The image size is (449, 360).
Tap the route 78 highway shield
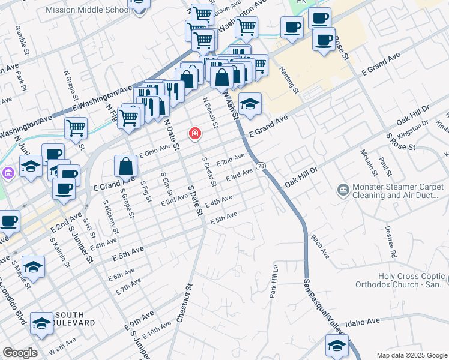click(x=261, y=166)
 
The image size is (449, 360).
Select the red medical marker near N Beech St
click(x=195, y=133)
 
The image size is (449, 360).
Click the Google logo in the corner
click(x=19, y=353)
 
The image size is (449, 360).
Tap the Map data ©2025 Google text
click(x=411, y=355)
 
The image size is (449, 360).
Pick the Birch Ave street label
click(x=320, y=246)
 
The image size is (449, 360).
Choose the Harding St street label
click(x=289, y=80)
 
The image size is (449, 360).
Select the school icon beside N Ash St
click(x=250, y=103)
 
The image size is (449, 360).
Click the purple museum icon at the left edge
click(x=8, y=173)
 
